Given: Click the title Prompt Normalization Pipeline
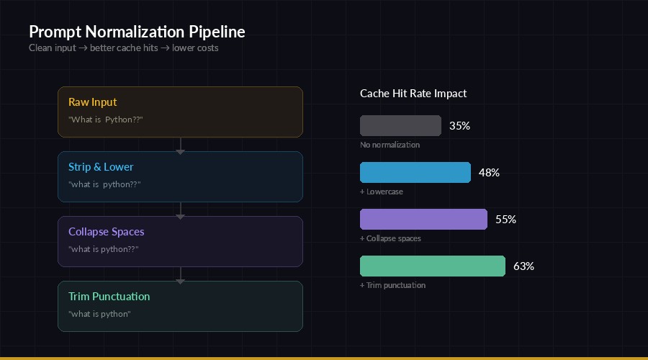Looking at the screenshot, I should click(137, 32).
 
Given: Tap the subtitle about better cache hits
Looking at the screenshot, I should click(124, 48).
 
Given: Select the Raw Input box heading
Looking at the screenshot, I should click(93, 102).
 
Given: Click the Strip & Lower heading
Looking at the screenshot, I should click(101, 167).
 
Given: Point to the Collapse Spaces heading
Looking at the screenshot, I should click(106, 232).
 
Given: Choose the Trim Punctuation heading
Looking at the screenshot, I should click(109, 297).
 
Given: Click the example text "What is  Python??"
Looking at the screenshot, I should click(105, 120).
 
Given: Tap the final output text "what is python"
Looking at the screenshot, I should click(99, 314).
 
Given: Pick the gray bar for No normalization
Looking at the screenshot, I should click(400, 125).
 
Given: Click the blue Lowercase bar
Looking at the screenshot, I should click(415, 172).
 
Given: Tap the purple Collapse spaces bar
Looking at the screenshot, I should click(423, 219).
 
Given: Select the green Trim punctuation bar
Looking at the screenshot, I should click(432, 266).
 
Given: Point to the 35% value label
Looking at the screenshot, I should click(459, 126).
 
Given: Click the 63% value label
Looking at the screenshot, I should click(523, 266).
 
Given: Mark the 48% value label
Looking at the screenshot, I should click(489, 173).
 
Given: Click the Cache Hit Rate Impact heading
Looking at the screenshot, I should click(413, 94).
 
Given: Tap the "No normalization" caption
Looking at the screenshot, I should click(390, 145).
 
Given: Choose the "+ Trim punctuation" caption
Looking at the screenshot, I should click(392, 285).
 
